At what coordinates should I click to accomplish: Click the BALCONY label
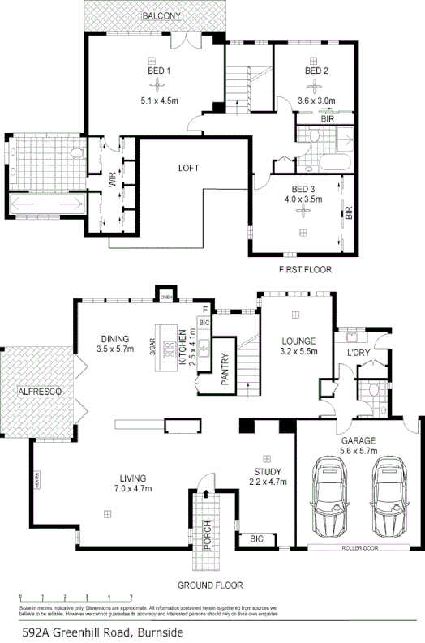tap(161, 16)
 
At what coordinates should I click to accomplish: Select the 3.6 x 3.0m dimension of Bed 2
tap(316, 101)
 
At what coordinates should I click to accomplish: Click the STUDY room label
tap(267, 472)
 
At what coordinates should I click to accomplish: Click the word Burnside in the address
tap(155, 632)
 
